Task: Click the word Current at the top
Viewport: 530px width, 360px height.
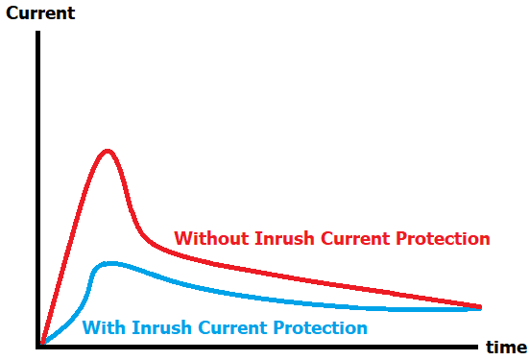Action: point(40,14)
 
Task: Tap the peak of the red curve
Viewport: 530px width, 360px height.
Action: point(108,151)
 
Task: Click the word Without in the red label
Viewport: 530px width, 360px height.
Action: point(210,238)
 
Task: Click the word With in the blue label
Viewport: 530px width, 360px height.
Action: point(102,327)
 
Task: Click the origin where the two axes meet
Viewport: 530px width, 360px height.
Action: point(39,344)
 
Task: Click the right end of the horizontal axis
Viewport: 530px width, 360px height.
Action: point(478,344)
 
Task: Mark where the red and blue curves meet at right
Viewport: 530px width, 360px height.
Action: point(479,307)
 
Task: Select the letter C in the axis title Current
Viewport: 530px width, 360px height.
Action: point(12,14)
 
